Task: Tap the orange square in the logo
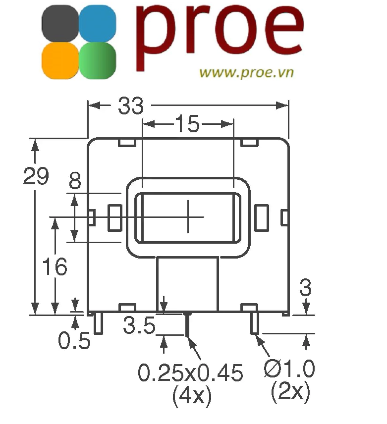click(60, 60)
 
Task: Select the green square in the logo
click(98, 60)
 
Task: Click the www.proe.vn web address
click(246, 72)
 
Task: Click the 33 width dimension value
click(131, 106)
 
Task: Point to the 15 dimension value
click(187, 124)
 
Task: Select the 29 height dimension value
click(36, 176)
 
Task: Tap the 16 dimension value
click(55, 267)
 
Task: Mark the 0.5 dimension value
click(74, 341)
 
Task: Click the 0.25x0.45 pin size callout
click(190, 372)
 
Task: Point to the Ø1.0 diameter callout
click(289, 369)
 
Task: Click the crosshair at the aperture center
click(188, 216)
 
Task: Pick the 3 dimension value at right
click(306, 287)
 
